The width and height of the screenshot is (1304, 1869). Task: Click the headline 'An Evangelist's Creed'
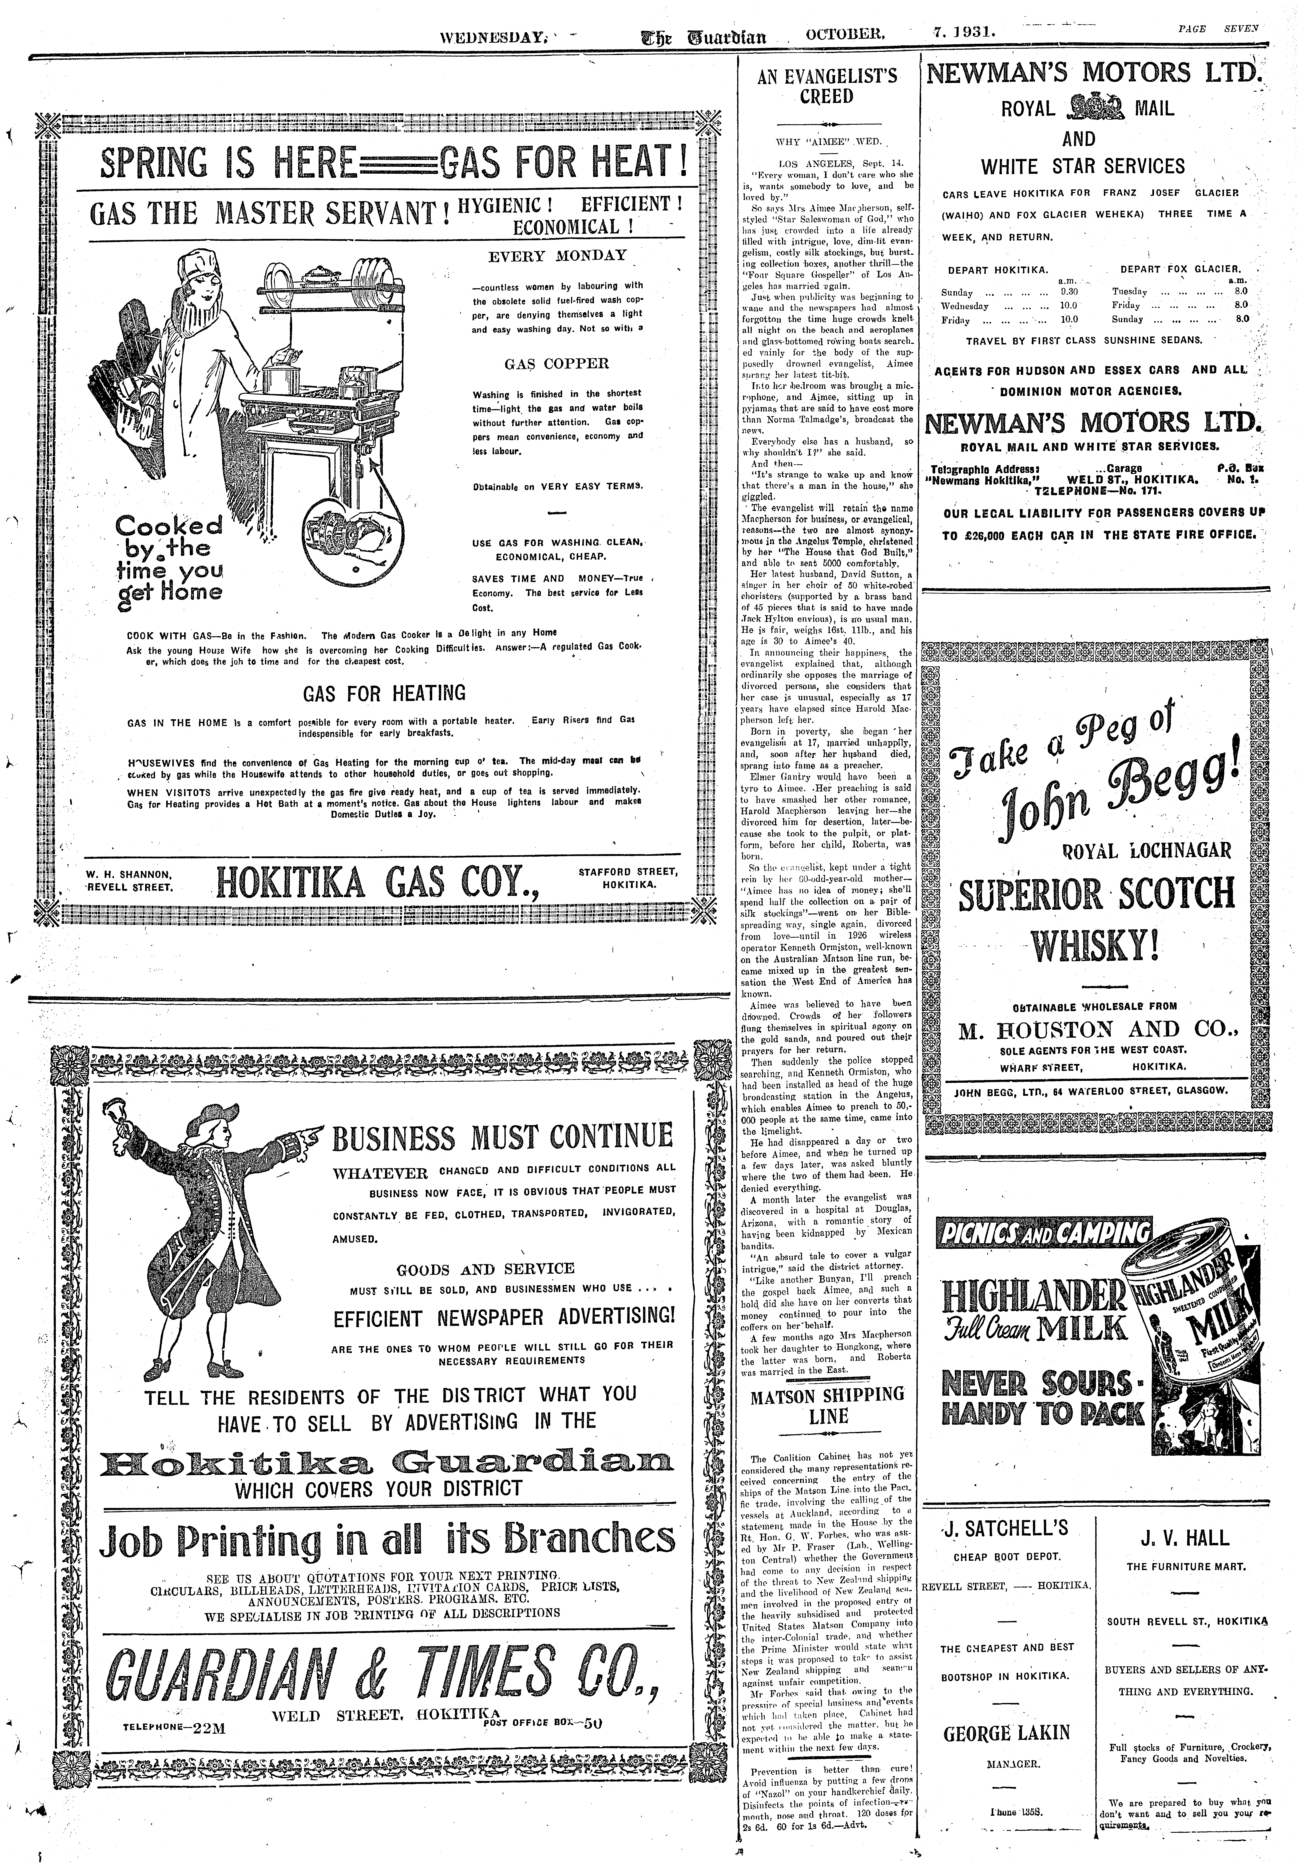(x=827, y=86)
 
